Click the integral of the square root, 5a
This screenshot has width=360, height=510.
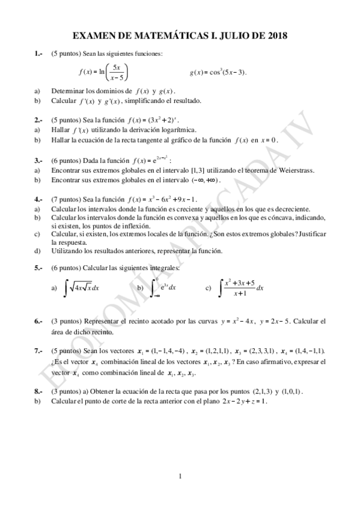[82, 288]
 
